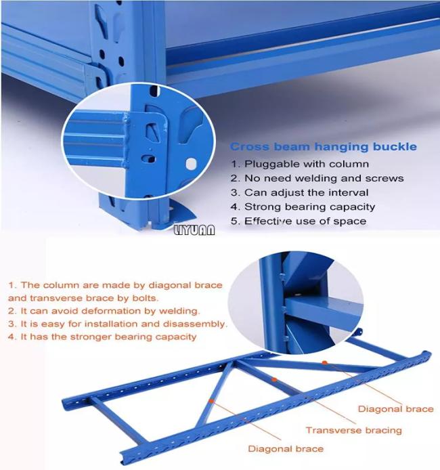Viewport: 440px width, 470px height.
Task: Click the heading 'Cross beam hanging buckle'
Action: click(x=323, y=146)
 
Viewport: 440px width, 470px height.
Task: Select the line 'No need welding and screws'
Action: click(x=317, y=178)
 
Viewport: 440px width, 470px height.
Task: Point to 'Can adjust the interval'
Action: click(x=299, y=192)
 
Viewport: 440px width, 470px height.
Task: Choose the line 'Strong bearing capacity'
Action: click(x=303, y=207)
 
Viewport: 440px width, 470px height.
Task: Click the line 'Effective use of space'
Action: click(x=299, y=221)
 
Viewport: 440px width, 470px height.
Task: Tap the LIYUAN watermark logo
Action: click(x=194, y=230)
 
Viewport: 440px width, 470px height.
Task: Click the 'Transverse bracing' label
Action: click(x=354, y=431)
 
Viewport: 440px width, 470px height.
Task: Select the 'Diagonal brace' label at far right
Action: click(x=396, y=409)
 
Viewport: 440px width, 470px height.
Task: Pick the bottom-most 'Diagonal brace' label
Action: click(x=286, y=449)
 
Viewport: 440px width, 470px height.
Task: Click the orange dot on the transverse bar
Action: click(x=273, y=379)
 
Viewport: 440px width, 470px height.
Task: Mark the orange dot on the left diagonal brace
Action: click(x=211, y=401)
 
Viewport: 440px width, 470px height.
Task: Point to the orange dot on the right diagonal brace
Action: click(x=325, y=362)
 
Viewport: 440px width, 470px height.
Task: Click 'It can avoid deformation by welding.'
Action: click(x=104, y=311)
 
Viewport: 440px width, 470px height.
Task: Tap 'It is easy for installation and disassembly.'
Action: click(x=118, y=324)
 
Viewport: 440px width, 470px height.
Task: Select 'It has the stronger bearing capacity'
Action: click(x=102, y=337)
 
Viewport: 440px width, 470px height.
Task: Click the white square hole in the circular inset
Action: click(x=191, y=164)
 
